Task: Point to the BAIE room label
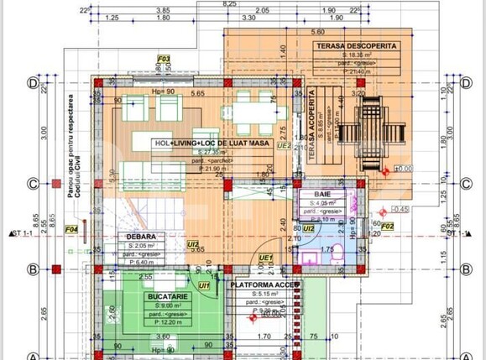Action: click(x=322, y=194)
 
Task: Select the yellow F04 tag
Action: click(x=71, y=228)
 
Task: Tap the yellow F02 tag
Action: click(x=387, y=226)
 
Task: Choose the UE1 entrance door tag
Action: click(x=265, y=257)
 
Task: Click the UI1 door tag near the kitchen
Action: click(x=204, y=286)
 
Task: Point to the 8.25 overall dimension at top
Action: click(x=229, y=4)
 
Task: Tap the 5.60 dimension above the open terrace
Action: click(x=318, y=31)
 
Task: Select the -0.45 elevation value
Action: click(x=400, y=209)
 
